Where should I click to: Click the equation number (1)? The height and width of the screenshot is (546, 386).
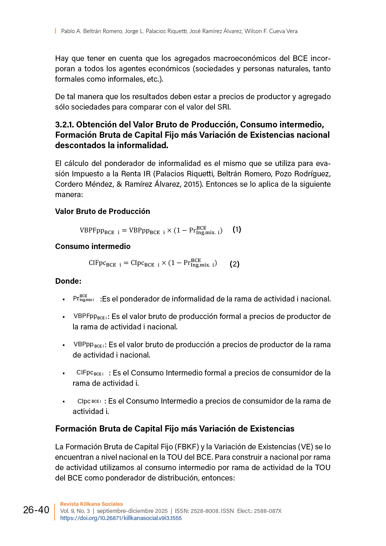point(237,230)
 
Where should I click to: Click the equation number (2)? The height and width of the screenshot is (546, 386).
point(234,264)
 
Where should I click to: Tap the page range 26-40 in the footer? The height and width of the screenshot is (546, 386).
point(36,510)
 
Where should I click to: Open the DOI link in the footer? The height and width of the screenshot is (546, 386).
point(121,518)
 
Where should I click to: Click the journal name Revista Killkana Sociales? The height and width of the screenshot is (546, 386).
point(91,504)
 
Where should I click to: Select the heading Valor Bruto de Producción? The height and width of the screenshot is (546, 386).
point(102,211)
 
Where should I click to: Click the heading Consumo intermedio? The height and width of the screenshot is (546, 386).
point(93,246)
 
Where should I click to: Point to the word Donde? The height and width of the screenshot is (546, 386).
point(68,281)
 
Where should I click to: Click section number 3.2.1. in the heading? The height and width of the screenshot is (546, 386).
point(64,125)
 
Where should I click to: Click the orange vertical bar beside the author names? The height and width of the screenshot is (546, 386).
point(55,31)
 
